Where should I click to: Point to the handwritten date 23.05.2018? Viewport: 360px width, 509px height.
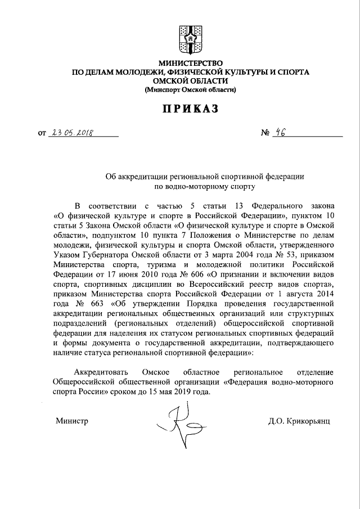pos(72,133)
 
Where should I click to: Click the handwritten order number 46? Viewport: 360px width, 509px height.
pos(277,133)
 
